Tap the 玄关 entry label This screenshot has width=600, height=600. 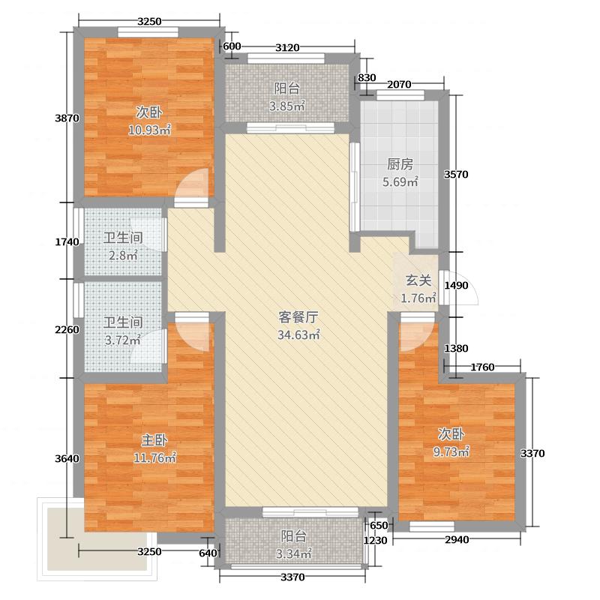tap(418, 281)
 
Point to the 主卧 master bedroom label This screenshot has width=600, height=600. tap(153, 439)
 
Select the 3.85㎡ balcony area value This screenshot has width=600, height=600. tap(287, 106)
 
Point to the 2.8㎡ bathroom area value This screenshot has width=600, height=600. tap(122, 256)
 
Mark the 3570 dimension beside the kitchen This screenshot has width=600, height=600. tap(456, 175)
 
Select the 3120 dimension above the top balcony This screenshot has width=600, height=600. tap(287, 48)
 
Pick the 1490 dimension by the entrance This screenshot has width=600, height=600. tap(456, 286)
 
